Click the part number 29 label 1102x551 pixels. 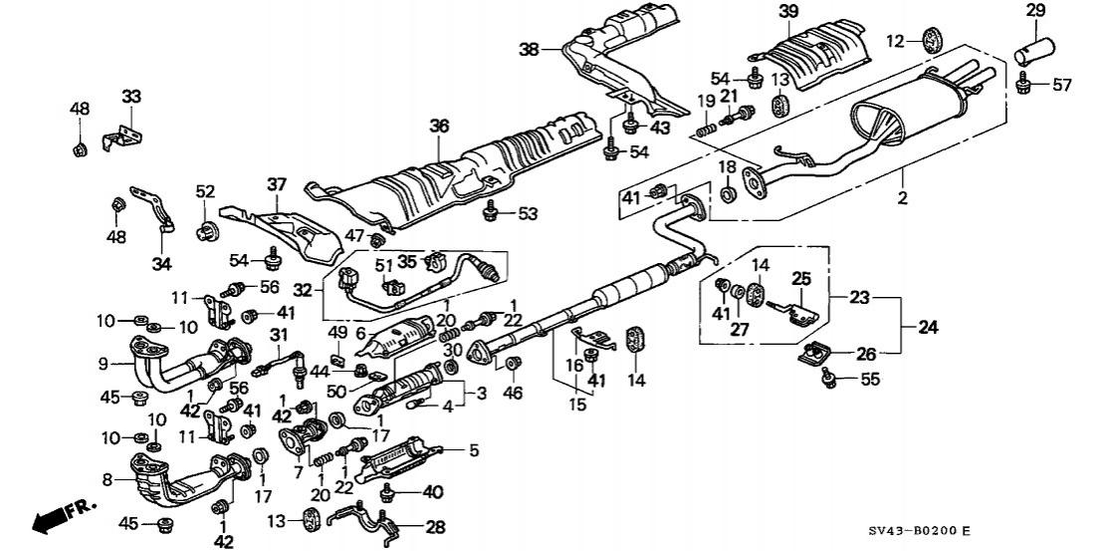click(x=1035, y=11)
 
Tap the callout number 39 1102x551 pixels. click(x=788, y=11)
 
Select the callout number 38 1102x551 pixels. click(x=530, y=49)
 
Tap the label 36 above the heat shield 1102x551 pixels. click(x=439, y=127)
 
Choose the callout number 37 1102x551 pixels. click(x=277, y=185)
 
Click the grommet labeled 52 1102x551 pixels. click(x=205, y=231)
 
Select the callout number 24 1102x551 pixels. click(x=928, y=327)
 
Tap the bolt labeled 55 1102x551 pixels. click(x=829, y=380)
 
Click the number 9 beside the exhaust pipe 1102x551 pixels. click(x=104, y=364)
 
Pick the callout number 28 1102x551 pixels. click(x=435, y=526)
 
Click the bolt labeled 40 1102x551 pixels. click(x=386, y=492)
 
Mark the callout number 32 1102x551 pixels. click(x=302, y=289)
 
